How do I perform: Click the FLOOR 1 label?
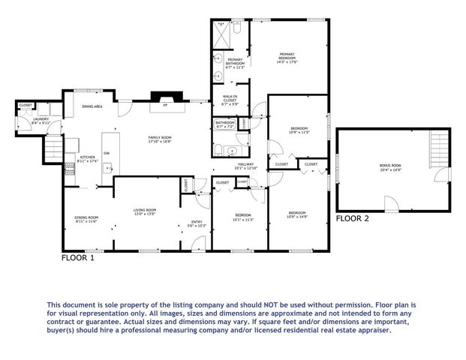click(77, 258)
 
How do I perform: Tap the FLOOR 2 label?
click(352, 219)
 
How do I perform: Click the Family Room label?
click(160, 138)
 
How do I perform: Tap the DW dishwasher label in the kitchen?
click(107, 154)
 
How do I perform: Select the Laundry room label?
click(41, 120)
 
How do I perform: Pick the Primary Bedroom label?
click(287, 55)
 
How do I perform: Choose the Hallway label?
click(246, 165)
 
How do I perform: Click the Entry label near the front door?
click(196, 222)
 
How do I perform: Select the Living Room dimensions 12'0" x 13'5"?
click(145, 214)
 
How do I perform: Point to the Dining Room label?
click(86, 218)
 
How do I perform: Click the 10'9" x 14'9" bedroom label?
click(298, 215)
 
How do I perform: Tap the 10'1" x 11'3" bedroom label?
click(243, 217)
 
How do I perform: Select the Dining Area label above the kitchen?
click(92, 106)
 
